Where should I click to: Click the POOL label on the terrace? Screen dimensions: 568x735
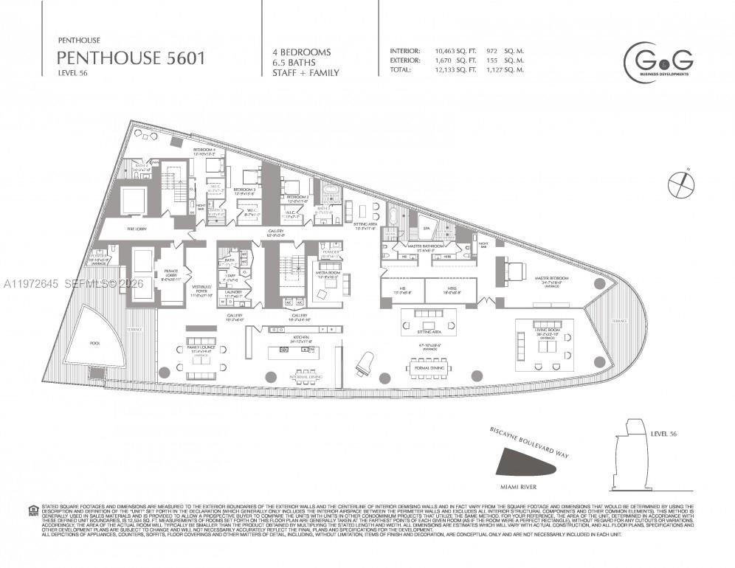pyautogui.click(x=95, y=343)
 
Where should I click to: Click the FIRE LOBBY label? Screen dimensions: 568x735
pyautogui.click(x=137, y=229)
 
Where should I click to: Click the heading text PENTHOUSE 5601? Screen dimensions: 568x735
pyautogui.click(x=131, y=58)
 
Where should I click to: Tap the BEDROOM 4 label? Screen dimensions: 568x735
pyautogui.click(x=204, y=150)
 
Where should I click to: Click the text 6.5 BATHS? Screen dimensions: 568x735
pyautogui.click(x=295, y=63)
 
